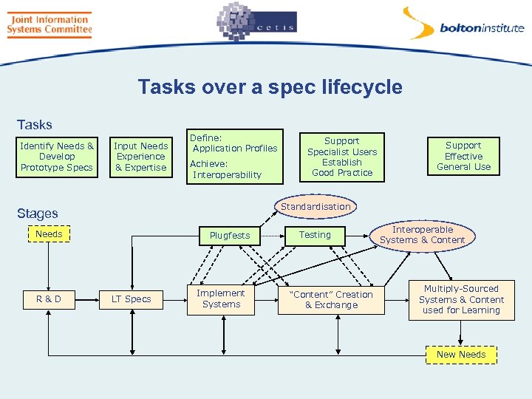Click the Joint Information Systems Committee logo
[x=49, y=24]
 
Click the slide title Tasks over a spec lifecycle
[x=270, y=87]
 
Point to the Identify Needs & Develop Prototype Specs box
[x=57, y=157]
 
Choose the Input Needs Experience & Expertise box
[x=140, y=157]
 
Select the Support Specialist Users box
[x=342, y=157]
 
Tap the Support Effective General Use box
[x=463, y=156]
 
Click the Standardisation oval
[x=316, y=207]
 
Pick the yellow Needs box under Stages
[x=49, y=234]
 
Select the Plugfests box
[x=230, y=235]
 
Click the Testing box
[x=316, y=235]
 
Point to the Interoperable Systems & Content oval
[x=422, y=235]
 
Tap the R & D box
[x=49, y=299]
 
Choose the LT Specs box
[x=131, y=299]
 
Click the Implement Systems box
[x=221, y=299]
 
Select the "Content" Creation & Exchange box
[x=331, y=299]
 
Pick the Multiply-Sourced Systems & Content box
[x=460, y=299]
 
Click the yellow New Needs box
[x=461, y=355]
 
